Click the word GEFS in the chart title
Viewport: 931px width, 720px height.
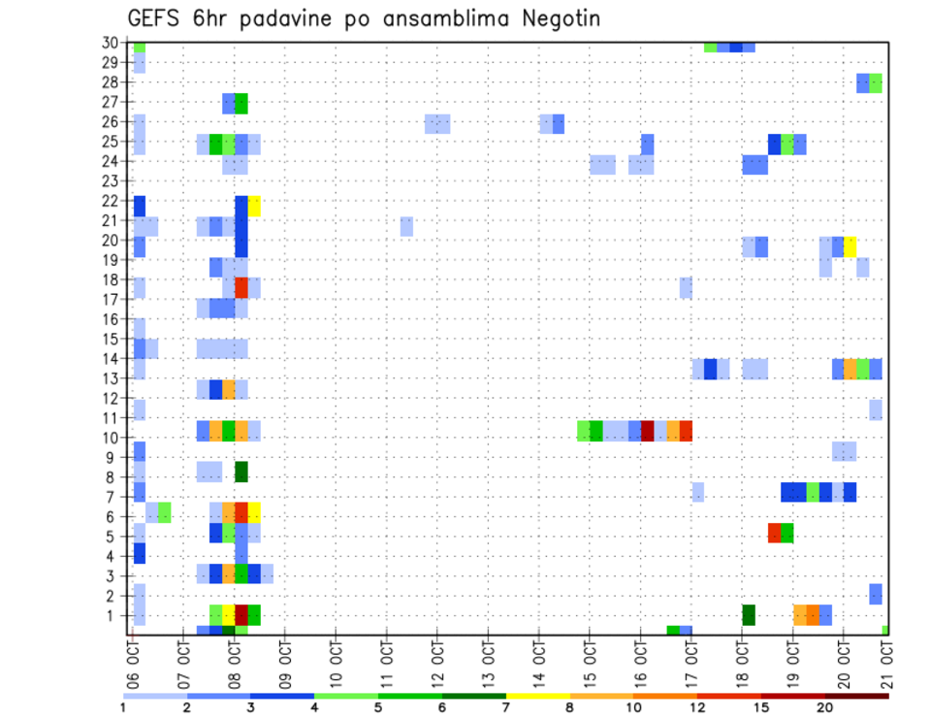(x=158, y=18)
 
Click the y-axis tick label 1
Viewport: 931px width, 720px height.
(x=114, y=614)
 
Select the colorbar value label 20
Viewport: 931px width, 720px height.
(x=824, y=707)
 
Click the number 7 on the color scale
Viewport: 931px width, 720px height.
(x=506, y=707)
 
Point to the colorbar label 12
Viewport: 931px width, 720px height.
(x=697, y=707)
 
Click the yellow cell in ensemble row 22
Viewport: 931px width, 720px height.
(x=254, y=206)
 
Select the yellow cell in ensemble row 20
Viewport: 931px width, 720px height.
(x=851, y=246)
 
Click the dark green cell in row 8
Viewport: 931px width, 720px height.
(x=241, y=472)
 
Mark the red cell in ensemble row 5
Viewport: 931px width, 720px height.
(x=775, y=533)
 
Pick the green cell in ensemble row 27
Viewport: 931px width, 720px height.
(x=241, y=104)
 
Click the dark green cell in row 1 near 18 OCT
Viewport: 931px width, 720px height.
(x=749, y=614)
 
